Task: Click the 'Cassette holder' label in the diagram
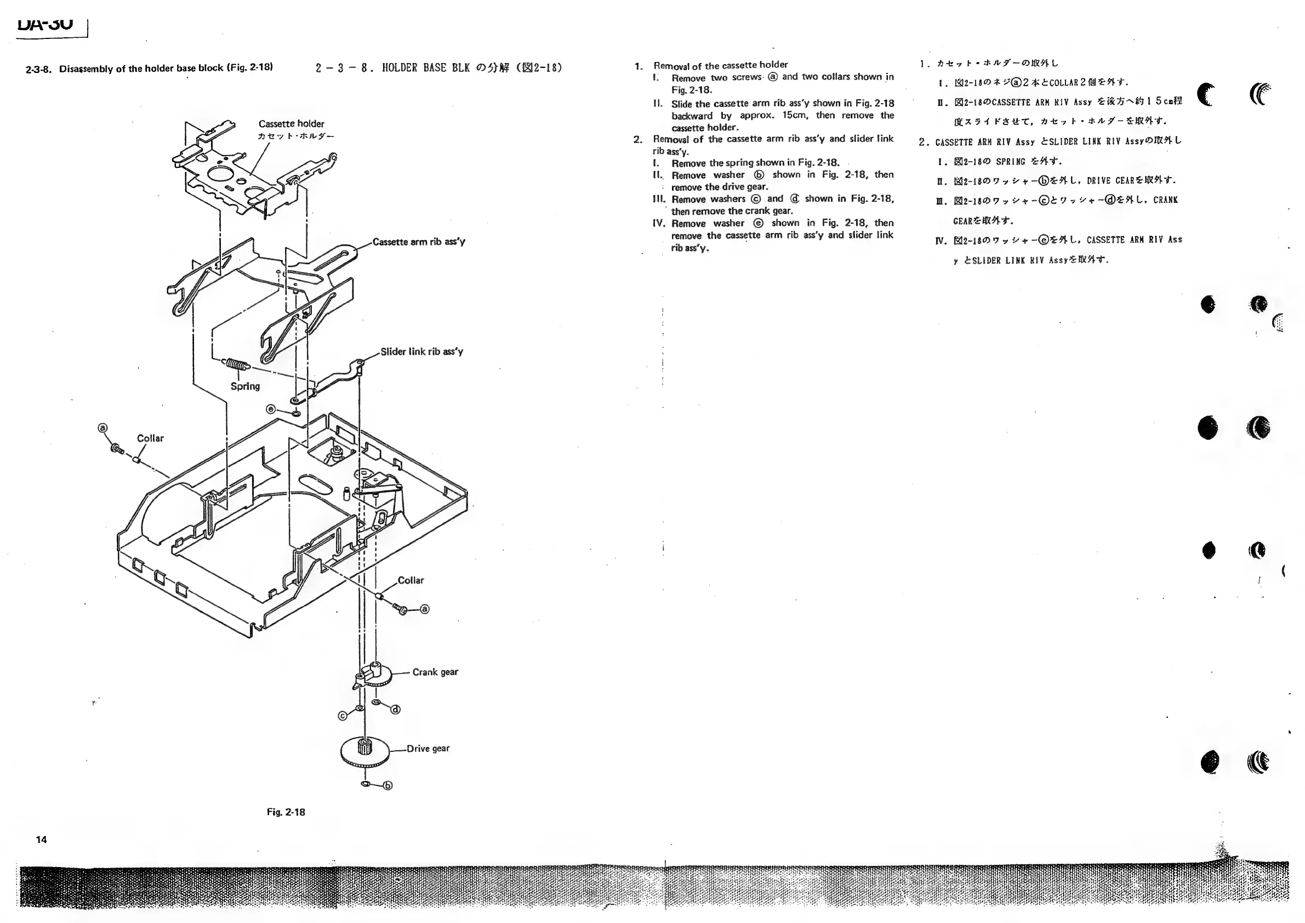(291, 124)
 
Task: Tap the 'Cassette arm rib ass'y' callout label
(419, 242)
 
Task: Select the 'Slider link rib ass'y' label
(421, 352)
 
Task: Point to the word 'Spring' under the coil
(245, 386)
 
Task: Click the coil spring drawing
(235, 364)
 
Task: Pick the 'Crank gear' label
(435, 672)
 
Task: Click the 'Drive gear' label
(428, 749)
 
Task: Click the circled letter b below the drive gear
(388, 786)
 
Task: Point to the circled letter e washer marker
(271, 409)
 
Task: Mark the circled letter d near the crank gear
(396, 710)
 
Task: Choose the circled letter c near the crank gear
(343, 716)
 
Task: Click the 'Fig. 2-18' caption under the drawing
(286, 812)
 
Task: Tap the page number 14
(42, 840)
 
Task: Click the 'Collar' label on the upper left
(150, 439)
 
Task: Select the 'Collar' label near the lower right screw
(411, 581)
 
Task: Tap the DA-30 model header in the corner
(45, 25)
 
